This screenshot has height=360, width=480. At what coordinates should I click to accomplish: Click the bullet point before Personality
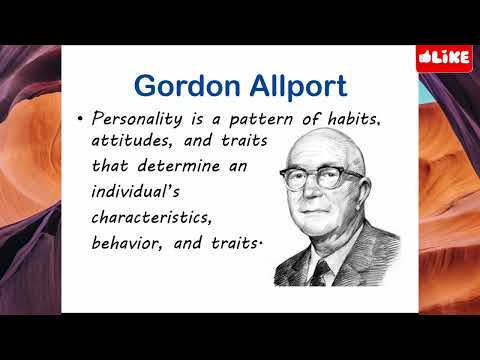(79, 120)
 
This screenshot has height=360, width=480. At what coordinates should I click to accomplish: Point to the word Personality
(134, 119)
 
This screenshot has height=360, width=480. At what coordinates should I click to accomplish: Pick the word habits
(350, 119)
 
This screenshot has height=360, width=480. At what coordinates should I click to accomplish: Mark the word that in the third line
(111, 164)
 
